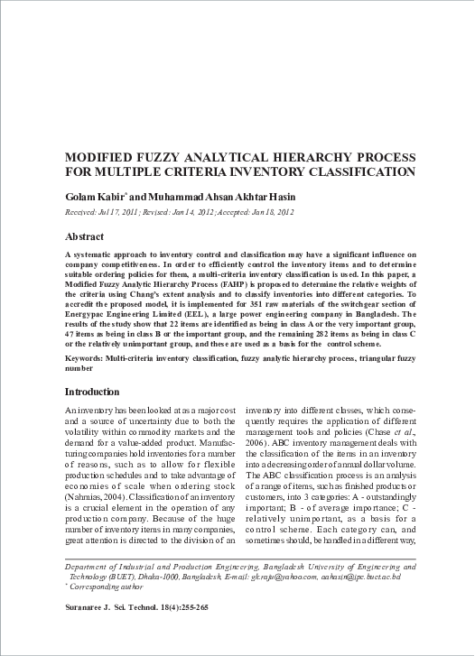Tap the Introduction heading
click(92, 393)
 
